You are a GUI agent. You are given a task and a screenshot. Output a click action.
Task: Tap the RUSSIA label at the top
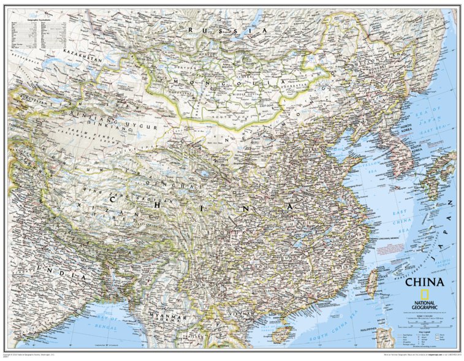[x=227, y=29]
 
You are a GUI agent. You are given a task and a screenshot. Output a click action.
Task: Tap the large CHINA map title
[x=424, y=283]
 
